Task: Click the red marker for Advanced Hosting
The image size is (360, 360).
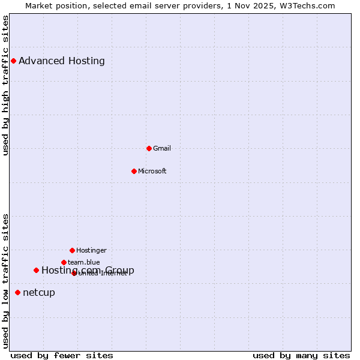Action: (13, 61)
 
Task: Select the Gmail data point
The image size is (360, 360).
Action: (149, 148)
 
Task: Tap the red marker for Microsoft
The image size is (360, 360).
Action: (134, 171)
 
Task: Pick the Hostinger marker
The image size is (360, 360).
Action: (72, 250)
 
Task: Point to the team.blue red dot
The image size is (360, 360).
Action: (64, 262)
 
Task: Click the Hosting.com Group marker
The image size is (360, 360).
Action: (36, 271)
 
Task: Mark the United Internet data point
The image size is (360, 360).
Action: (74, 273)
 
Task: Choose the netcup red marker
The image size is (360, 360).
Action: (17, 293)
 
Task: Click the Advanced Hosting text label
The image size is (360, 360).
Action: (62, 61)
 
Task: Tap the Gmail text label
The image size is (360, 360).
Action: (162, 148)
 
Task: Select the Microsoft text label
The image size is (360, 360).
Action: (152, 171)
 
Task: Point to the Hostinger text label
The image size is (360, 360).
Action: (91, 250)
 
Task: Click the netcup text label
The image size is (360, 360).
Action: (39, 293)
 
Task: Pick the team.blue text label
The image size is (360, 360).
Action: (84, 262)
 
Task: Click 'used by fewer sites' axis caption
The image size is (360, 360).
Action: (62, 355)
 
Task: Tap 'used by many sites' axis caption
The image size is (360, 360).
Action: (301, 355)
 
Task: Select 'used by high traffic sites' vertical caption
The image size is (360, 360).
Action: (5, 85)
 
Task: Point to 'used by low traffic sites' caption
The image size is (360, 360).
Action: (5, 281)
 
